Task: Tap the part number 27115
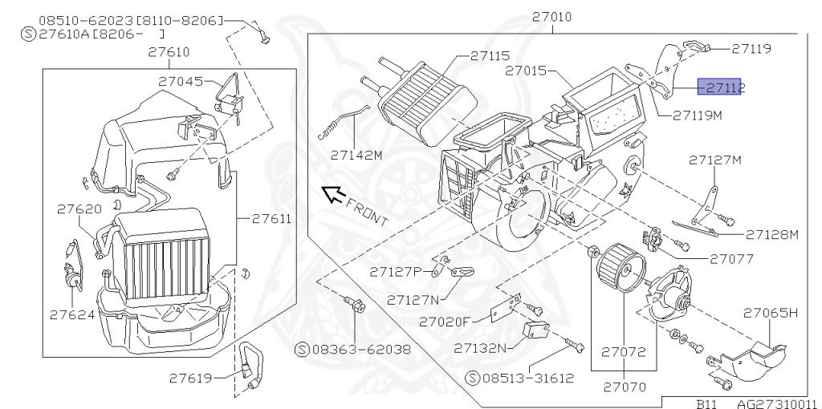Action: point(490,56)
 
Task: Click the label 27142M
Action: point(355,156)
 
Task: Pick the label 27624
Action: point(71,314)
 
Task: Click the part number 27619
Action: point(191,375)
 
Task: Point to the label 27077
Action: point(731,259)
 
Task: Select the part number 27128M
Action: point(772,234)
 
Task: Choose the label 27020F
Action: point(444,322)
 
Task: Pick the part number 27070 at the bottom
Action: point(625,387)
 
